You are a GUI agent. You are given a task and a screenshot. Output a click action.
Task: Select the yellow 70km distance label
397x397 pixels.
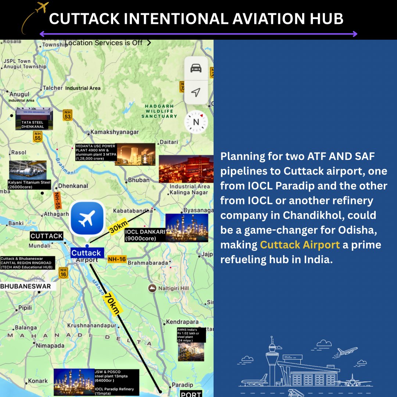coord(111,303)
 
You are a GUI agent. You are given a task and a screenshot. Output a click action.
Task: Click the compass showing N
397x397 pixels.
coord(196,122)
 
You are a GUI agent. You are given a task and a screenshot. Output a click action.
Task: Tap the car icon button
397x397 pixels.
coord(196,68)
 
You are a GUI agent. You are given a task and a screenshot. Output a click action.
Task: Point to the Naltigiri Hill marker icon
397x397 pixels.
coord(151,288)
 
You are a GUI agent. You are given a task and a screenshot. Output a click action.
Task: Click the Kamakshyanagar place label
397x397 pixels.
coord(115,132)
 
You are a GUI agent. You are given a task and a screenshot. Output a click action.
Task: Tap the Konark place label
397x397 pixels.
coord(38,381)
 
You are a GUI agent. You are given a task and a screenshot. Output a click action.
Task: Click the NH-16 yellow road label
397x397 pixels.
coord(117,260)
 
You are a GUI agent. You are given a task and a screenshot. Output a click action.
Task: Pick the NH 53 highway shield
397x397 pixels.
coord(67,115)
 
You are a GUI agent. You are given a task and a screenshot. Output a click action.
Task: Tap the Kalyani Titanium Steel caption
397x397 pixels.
coord(29,185)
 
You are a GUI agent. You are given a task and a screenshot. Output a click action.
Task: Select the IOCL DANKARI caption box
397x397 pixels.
coord(144,235)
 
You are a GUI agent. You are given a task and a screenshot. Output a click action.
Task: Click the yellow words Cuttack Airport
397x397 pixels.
coord(300,245)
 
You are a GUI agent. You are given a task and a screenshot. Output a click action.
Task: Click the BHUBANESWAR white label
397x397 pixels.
coord(26,286)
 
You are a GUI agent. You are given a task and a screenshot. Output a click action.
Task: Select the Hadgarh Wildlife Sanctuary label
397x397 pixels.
coord(159,111)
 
